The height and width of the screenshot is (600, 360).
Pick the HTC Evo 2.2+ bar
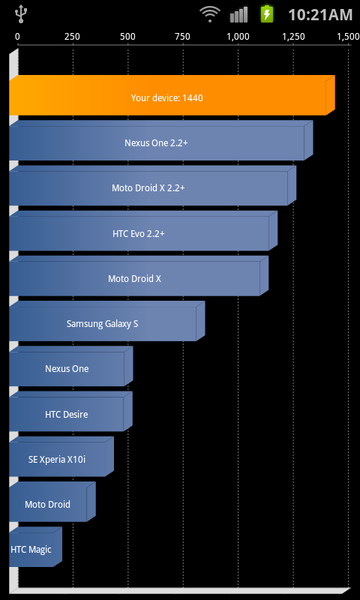click(x=139, y=233)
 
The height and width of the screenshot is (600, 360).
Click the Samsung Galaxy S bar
click(x=102, y=323)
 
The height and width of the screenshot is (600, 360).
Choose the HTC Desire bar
click(x=67, y=413)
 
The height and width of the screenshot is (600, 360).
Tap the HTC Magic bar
click(x=33, y=549)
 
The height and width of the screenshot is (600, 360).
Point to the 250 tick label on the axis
click(x=72, y=36)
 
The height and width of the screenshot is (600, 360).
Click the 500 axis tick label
click(x=127, y=36)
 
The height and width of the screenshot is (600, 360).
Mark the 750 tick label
click(x=182, y=36)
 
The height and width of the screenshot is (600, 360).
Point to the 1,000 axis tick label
click(x=237, y=36)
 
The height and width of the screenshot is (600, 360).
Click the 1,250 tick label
click(x=293, y=36)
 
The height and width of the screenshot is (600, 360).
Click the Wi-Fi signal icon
click(x=209, y=13)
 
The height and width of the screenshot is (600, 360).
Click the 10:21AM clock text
click(x=319, y=14)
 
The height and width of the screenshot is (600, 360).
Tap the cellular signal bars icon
click(x=238, y=13)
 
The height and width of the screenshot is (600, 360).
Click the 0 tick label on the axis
click(x=18, y=36)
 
